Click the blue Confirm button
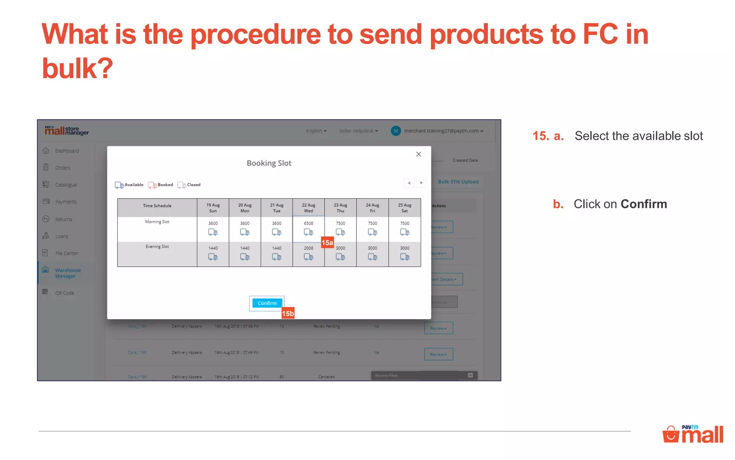point(267,303)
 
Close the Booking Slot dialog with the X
point(418,154)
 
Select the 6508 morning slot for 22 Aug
point(308,229)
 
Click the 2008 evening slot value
point(308,248)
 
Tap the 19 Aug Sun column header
point(213,208)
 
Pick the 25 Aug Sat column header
point(404,208)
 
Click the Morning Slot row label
point(157,222)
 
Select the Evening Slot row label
point(157,247)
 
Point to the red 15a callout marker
point(327,243)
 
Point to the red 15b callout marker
point(288,313)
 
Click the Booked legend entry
point(161,185)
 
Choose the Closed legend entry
point(189,185)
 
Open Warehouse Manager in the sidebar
point(67,273)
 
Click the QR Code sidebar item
point(65,293)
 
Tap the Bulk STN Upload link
point(458,182)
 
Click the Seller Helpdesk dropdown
point(359,131)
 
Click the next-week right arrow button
point(421,183)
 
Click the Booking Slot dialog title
point(269,163)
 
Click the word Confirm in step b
point(644,204)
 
